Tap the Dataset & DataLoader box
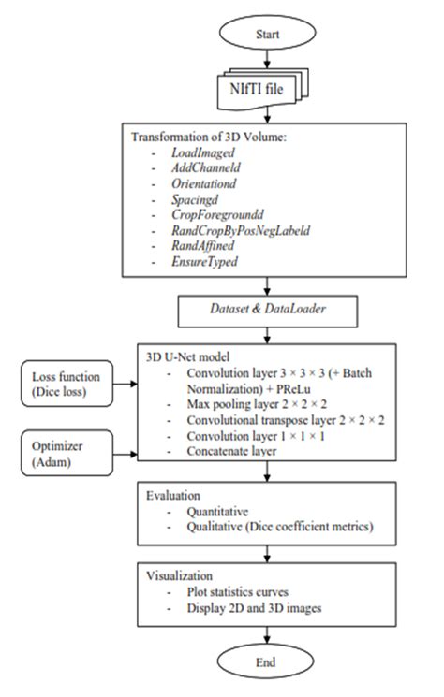(x=267, y=305)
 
